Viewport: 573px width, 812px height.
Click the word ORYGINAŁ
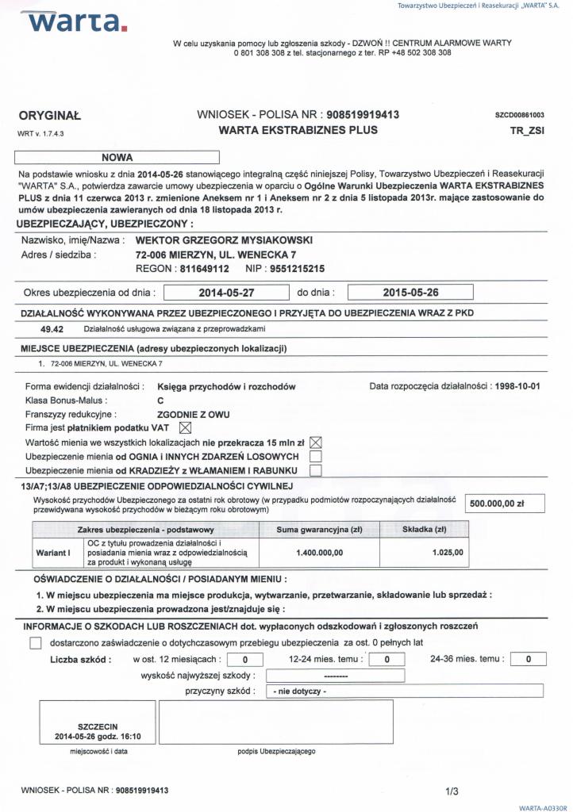(49, 115)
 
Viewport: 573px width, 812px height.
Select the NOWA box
(117, 157)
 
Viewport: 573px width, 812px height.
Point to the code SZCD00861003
(519, 116)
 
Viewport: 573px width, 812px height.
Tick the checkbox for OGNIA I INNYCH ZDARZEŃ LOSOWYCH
(315, 457)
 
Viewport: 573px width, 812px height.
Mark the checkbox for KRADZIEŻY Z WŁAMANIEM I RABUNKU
(315, 470)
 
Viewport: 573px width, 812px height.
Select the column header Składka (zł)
(425, 529)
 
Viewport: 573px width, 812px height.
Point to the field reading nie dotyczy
(405, 691)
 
